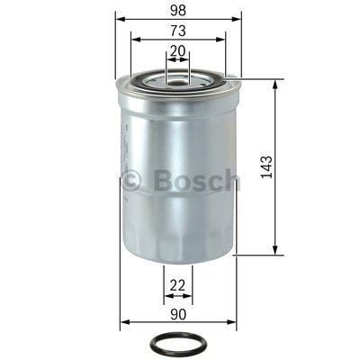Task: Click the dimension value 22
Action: pyautogui.click(x=178, y=286)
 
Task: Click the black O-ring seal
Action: pyautogui.click(x=180, y=344)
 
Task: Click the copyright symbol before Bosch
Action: pyautogui.click(x=131, y=180)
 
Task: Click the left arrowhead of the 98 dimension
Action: pyautogui.click(x=120, y=18)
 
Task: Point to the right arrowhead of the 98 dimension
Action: pyautogui.click(x=238, y=18)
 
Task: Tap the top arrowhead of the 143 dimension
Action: pyautogui.click(x=274, y=83)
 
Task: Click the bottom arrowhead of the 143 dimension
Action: pyautogui.click(x=274, y=251)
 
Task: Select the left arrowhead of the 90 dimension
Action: pyautogui.click(x=124, y=322)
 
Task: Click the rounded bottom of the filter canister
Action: pyautogui.click(x=178, y=256)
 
